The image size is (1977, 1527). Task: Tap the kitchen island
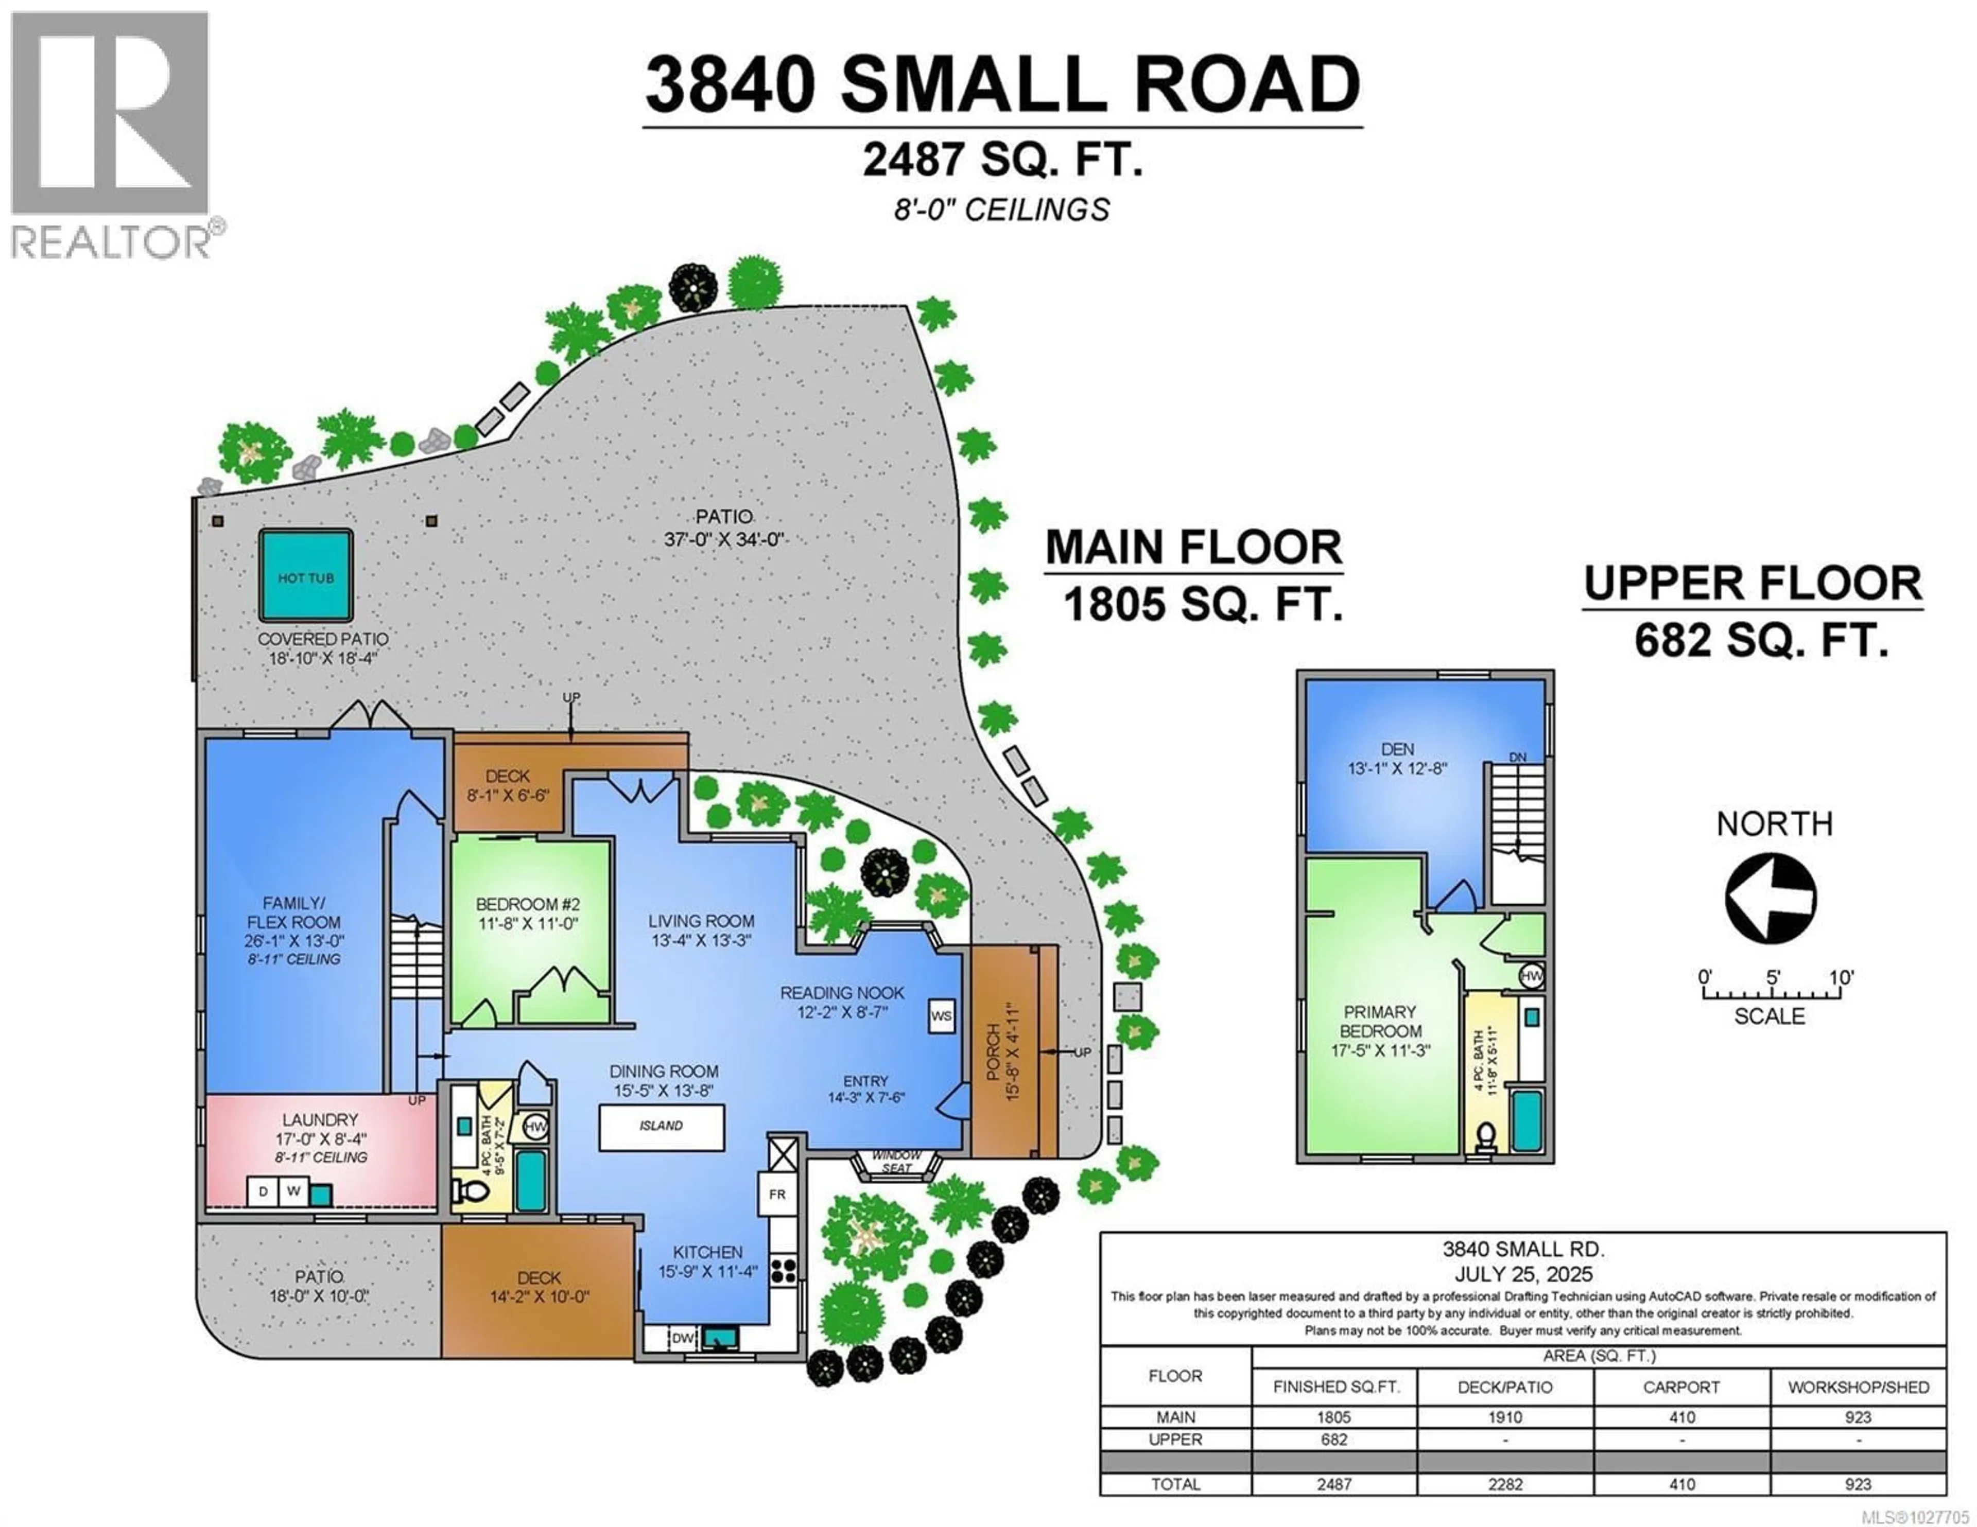click(x=661, y=1126)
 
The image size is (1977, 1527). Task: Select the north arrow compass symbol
click(x=1771, y=898)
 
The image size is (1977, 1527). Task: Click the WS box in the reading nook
click(x=942, y=1015)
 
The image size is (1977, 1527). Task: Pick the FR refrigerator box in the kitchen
click(x=777, y=1195)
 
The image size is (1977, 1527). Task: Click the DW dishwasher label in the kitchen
click(x=683, y=1338)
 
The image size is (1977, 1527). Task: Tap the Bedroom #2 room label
click(x=528, y=914)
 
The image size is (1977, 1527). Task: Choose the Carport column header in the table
click(x=1681, y=1386)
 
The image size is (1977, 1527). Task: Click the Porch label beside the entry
click(x=1003, y=1050)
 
